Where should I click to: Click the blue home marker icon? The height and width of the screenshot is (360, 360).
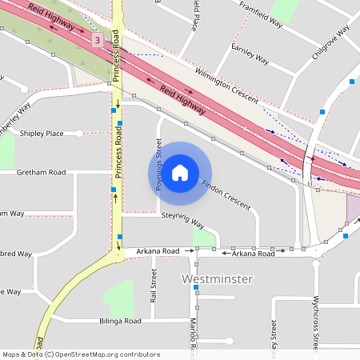pos(180,173)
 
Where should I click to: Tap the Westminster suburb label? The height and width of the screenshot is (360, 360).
pos(217,279)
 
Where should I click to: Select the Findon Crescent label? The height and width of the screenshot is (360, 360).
pos(226,189)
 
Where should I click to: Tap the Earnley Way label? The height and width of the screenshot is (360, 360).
pos(249,53)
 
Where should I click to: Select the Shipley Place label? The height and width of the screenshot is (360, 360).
pos(42,133)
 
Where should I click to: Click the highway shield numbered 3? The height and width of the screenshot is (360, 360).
pos(97,40)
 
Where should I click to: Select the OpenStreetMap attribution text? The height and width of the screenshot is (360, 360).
pos(81,354)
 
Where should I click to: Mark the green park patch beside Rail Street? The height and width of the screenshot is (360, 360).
pos(119,298)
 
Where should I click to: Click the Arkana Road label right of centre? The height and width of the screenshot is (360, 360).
pos(254,254)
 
